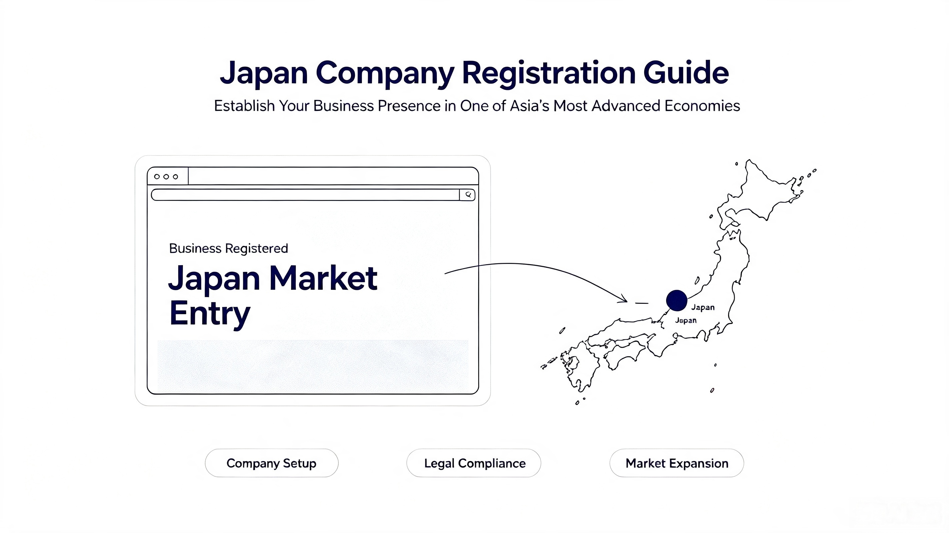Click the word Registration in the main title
point(549,73)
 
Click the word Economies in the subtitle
point(702,106)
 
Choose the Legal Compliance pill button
point(474,463)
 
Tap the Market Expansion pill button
point(677,463)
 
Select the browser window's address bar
point(306,195)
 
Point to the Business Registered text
point(228,249)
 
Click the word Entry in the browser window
point(210,313)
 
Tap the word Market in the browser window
point(323,278)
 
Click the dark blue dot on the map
point(677,300)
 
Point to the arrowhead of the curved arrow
point(624,298)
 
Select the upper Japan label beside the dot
point(703,307)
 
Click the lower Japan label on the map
point(686,320)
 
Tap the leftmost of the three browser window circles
point(157,177)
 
